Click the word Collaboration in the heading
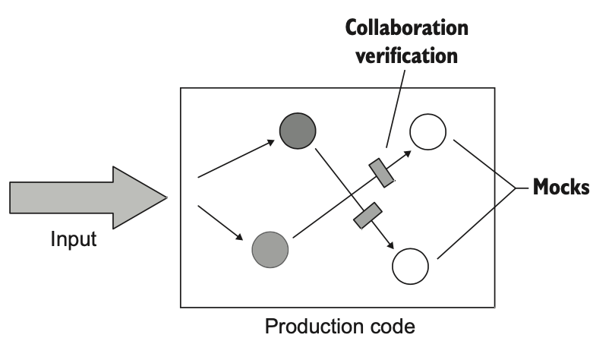407,30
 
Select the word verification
407,55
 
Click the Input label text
74,240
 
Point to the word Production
311,327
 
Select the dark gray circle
298,131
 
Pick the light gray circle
270,248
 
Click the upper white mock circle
428,131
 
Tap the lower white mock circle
410,266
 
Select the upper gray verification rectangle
381,172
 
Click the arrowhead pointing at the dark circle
274,141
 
